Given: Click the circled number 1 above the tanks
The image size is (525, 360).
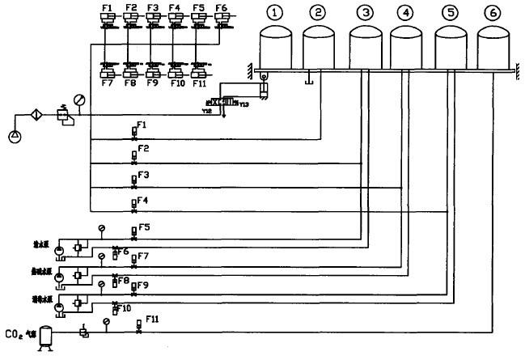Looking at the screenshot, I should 277,13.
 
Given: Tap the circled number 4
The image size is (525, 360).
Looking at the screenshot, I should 405,13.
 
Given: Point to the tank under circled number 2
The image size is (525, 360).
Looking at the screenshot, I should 319,49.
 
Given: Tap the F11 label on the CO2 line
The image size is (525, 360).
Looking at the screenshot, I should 152,318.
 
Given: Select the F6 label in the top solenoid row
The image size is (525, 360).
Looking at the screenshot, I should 220,7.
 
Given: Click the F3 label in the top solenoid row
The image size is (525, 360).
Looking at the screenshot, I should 153,7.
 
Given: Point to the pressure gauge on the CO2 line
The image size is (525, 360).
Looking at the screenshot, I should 107,321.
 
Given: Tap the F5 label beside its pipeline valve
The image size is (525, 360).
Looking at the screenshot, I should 144,227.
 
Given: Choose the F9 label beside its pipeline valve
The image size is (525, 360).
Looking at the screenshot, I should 142,286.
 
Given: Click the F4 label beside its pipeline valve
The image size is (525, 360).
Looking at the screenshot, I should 143,198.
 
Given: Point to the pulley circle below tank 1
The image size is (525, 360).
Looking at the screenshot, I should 263,77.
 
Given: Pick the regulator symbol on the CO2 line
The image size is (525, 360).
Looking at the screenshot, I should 84,331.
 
